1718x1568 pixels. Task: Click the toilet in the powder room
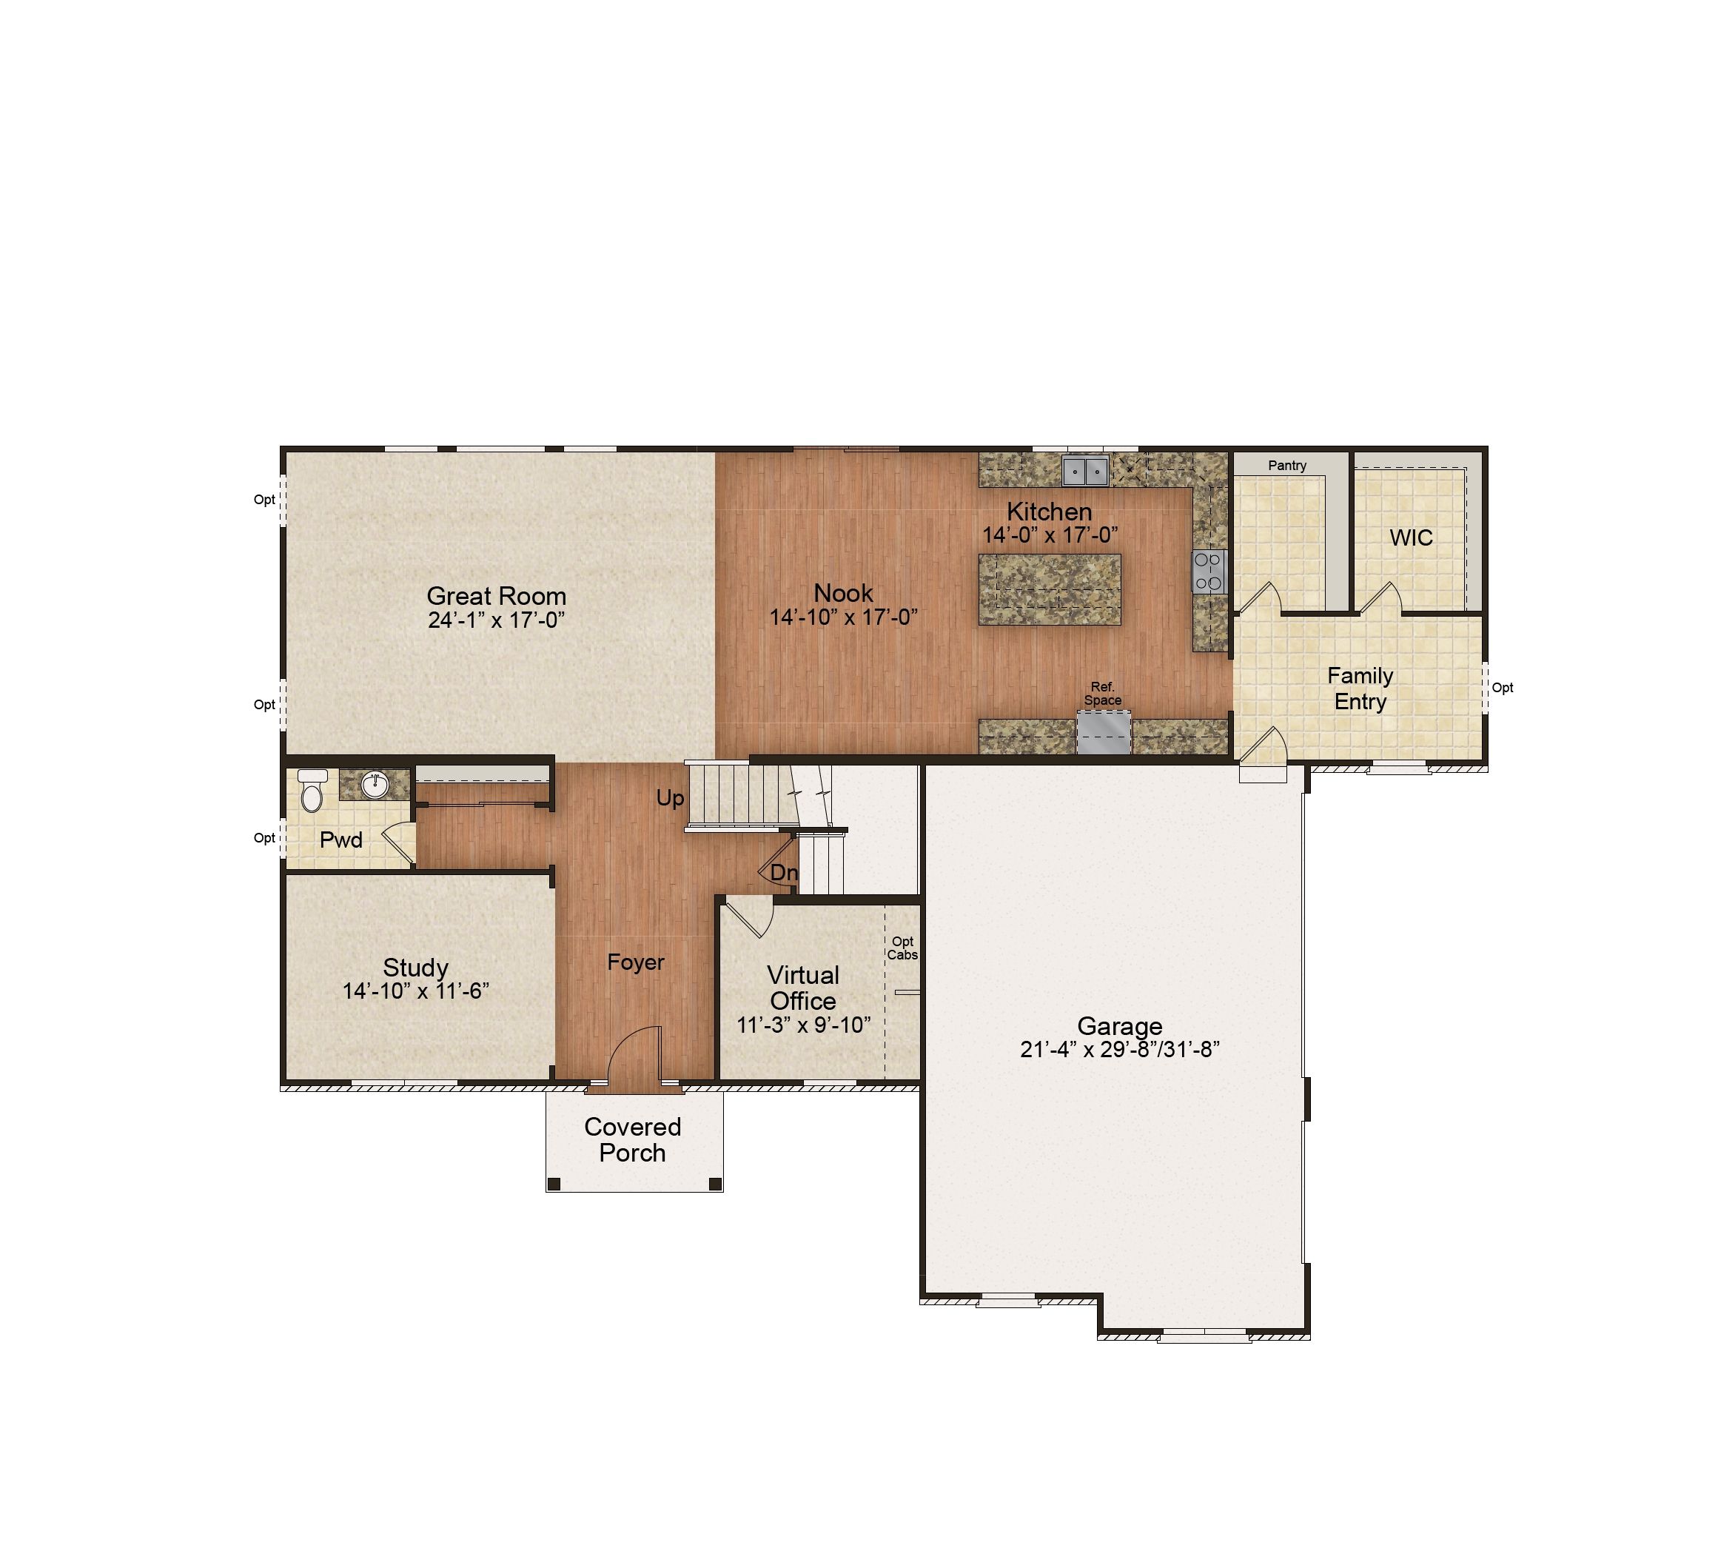(x=312, y=790)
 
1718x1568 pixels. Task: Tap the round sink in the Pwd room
(x=375, y=785)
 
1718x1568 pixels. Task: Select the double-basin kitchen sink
(x=1086, y=470)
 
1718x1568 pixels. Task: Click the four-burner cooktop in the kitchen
(x=1209, y=572)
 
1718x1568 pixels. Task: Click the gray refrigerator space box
(x=1104, y=732)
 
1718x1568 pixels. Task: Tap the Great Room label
(x=496, y=596)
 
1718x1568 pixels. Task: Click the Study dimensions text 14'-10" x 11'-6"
(x=416, y=991)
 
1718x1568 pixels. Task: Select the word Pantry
(x=1286, y=465)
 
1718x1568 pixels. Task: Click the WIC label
(x=1412, y=537)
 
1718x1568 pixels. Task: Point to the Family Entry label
(x=1360, y=688)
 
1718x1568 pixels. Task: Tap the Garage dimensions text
(x=1120, y=1050)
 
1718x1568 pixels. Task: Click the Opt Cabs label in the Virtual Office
(x=902, y=948)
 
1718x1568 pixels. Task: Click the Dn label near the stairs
(x=784, y=873)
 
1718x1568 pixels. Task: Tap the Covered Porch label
(x=632, y=1139)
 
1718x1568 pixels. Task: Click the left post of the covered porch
(x=554, y=1184)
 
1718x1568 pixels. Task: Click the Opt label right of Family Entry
(x=1503, y=688)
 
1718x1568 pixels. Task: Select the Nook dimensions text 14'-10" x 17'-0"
(x=844, y=617)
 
